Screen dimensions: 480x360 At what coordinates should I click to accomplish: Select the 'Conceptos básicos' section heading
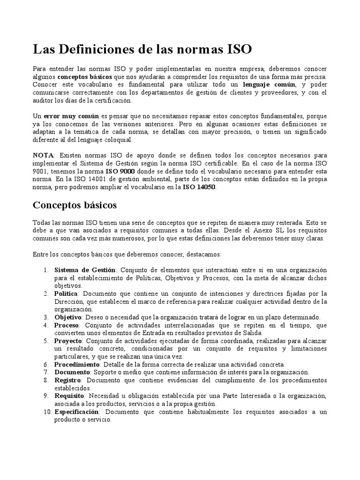(x=75, y=205)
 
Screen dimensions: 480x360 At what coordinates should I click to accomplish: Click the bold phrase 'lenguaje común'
(x=269, y=85)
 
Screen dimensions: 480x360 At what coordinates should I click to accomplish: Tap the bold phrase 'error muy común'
(x=66, y=116)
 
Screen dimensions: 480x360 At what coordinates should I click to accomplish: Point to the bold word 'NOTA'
(x=43, y=155)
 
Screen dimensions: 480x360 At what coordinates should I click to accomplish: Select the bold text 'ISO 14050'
(x=199, y=187)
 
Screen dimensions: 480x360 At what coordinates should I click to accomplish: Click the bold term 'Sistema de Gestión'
(x=84, y=270)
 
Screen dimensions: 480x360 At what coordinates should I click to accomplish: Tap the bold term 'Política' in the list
(x=66, y=293)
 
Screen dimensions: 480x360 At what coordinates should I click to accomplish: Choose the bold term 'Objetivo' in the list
(x=67, y=317)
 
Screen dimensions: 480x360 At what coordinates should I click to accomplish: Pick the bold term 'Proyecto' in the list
(x=68, y=341)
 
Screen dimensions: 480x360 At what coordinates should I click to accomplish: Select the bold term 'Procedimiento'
(x=77, y=364)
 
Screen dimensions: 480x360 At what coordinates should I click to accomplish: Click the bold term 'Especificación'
(x=77, y=412)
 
